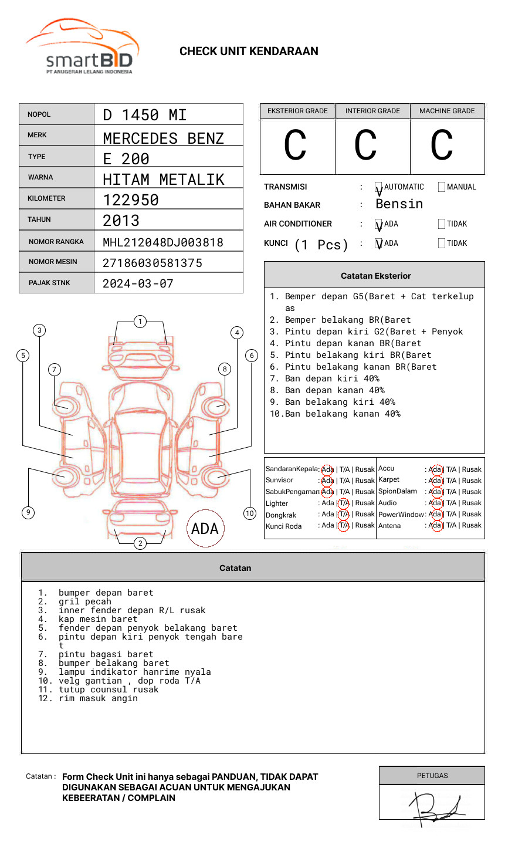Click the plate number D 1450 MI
point(144,115)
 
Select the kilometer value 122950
point(131,200)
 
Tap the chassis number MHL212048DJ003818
point(163,242)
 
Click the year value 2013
point(121,221)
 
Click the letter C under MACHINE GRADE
point(442,146)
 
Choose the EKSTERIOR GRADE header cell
point(297,111)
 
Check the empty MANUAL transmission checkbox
point(442,187)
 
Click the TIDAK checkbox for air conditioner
point(442,224)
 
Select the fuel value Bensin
point(399,204)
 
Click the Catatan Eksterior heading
point(375,276)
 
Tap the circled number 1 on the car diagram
point(140,322)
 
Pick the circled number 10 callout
point(250,513)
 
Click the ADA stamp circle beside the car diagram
point(205,528)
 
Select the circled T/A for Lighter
point(344,503)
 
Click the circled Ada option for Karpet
point(435,481)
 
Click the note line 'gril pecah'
point(84,601)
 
